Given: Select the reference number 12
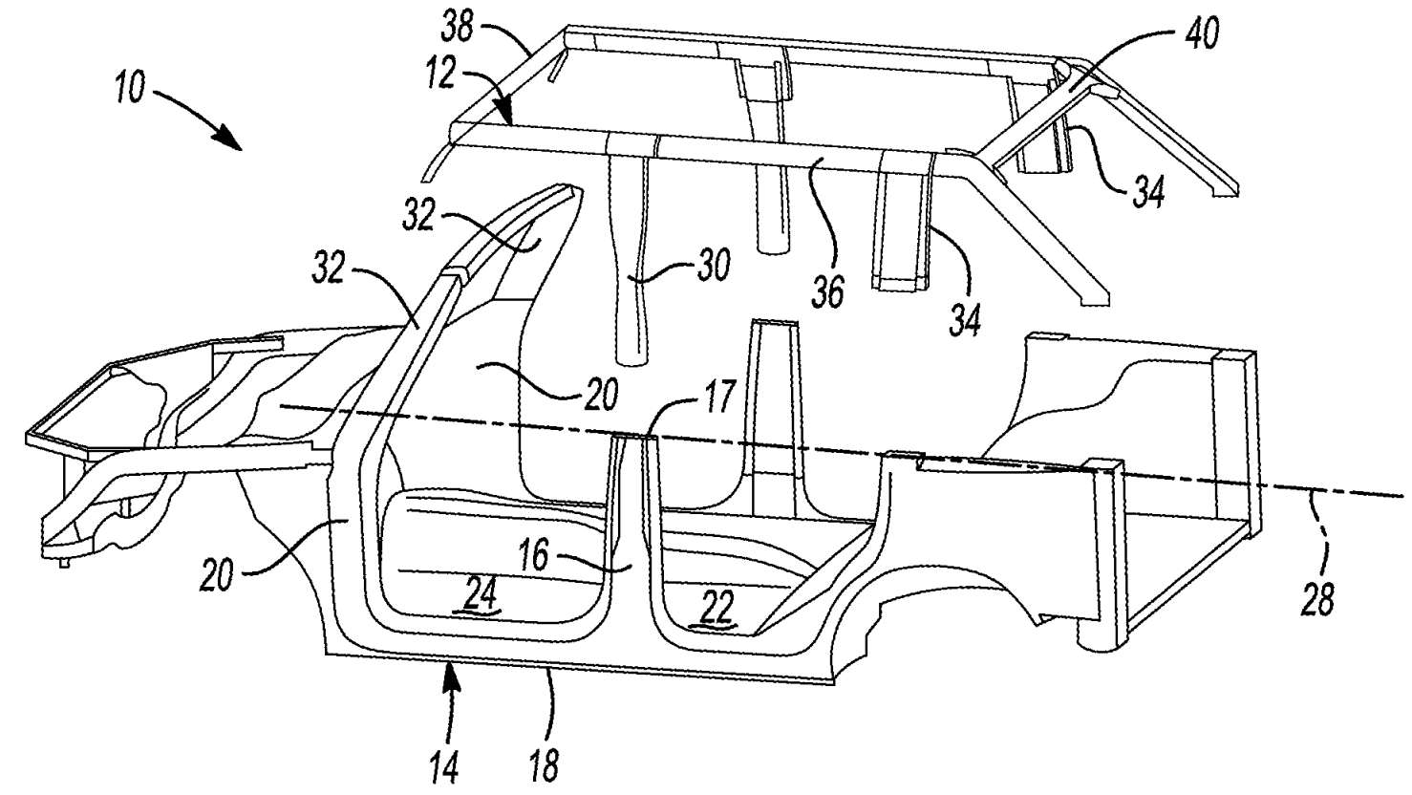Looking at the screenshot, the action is coord(439,73).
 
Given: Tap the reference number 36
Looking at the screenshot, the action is coord(827,292).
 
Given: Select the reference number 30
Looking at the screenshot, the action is coord(713,264).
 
